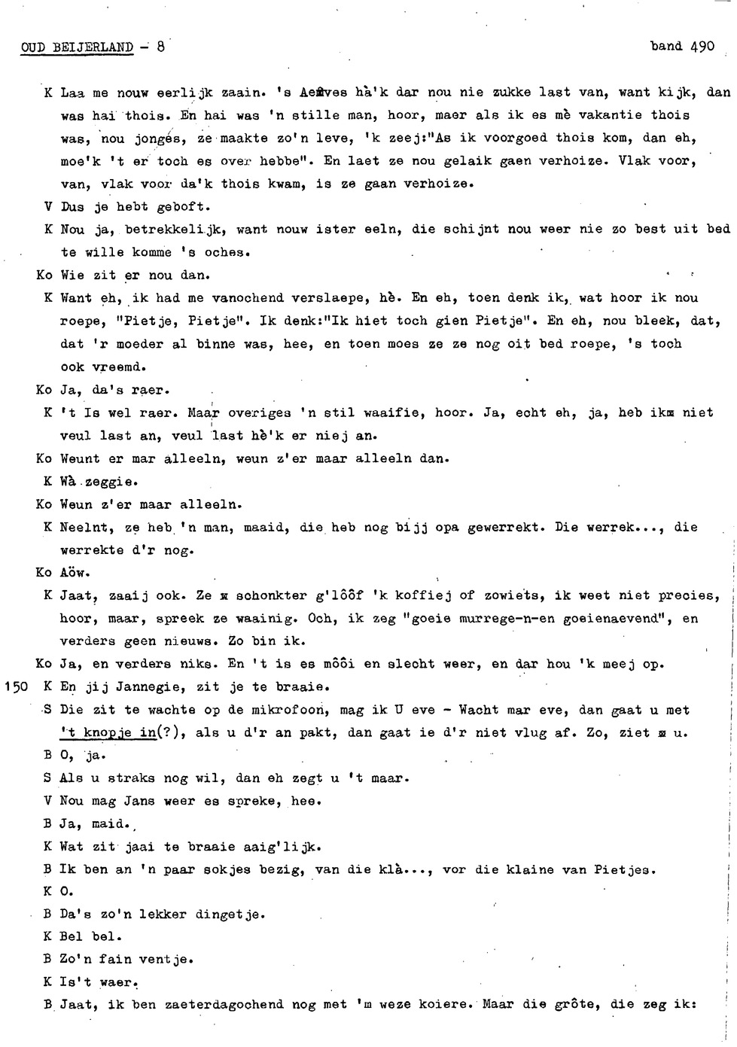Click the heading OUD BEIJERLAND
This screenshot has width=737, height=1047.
pyautogui.click(x=77, y=47)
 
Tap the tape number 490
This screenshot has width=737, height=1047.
pyautogui.click(x=702, y=46)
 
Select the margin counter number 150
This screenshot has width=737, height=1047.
pyautogui.click(x=16, y=686)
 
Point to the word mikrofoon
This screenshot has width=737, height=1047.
pyautogui.click(x=293, y=710)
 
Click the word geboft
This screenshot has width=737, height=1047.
pyautogui.click(x=184, y=206)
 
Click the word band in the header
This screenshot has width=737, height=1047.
pyautogui.click(x=666, y=46)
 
